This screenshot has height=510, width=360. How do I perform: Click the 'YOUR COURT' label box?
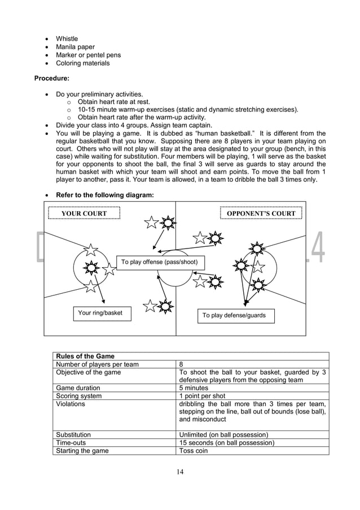click(84, 213)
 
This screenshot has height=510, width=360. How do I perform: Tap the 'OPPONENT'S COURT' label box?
click(261, 213)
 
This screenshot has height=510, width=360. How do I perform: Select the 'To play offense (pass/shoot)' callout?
click(160, 262)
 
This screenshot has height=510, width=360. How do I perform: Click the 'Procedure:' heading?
click(54, 79)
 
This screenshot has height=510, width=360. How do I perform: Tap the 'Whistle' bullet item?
click(67, 39)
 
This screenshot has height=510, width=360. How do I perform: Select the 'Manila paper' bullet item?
click(75, 47)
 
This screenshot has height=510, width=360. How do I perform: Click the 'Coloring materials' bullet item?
click(82, 63)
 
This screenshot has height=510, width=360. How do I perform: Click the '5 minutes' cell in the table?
click(195, 388)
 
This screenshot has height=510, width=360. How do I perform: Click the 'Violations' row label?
click(71, 404)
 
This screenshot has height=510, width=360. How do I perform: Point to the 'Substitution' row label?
click(73, 435)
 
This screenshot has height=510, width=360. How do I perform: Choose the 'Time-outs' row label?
click(71, 443)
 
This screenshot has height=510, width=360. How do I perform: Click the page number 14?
click(179, 472)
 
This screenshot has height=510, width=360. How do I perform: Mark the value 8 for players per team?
click(181, 364)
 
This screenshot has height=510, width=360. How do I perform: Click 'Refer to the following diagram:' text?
click(104, 195)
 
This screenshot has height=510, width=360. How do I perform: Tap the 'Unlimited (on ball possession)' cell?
click(223, 435)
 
